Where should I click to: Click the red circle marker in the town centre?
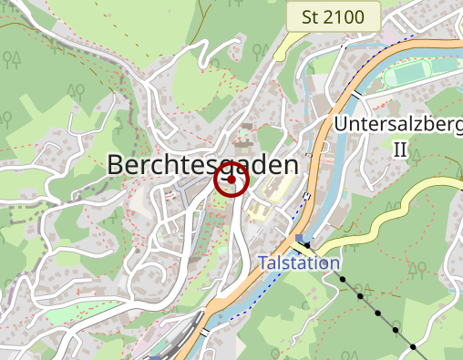click(231, 180)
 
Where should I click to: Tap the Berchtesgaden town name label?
click(202, 165)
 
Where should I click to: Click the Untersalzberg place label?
click(398, 124)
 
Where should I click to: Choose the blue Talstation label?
click(299, 262)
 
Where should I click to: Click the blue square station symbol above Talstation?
click(300, 239)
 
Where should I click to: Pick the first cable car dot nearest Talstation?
click(307, 245)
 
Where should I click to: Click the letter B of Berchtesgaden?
click(116, 165)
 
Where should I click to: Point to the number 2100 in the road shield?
click(344, 17)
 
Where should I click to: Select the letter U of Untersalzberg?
click(342, 124)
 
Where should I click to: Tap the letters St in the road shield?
click(310, 17)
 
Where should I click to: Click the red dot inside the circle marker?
click(231, 180)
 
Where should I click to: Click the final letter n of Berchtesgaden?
click(290, 165)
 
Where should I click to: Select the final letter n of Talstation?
click(334, 262)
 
